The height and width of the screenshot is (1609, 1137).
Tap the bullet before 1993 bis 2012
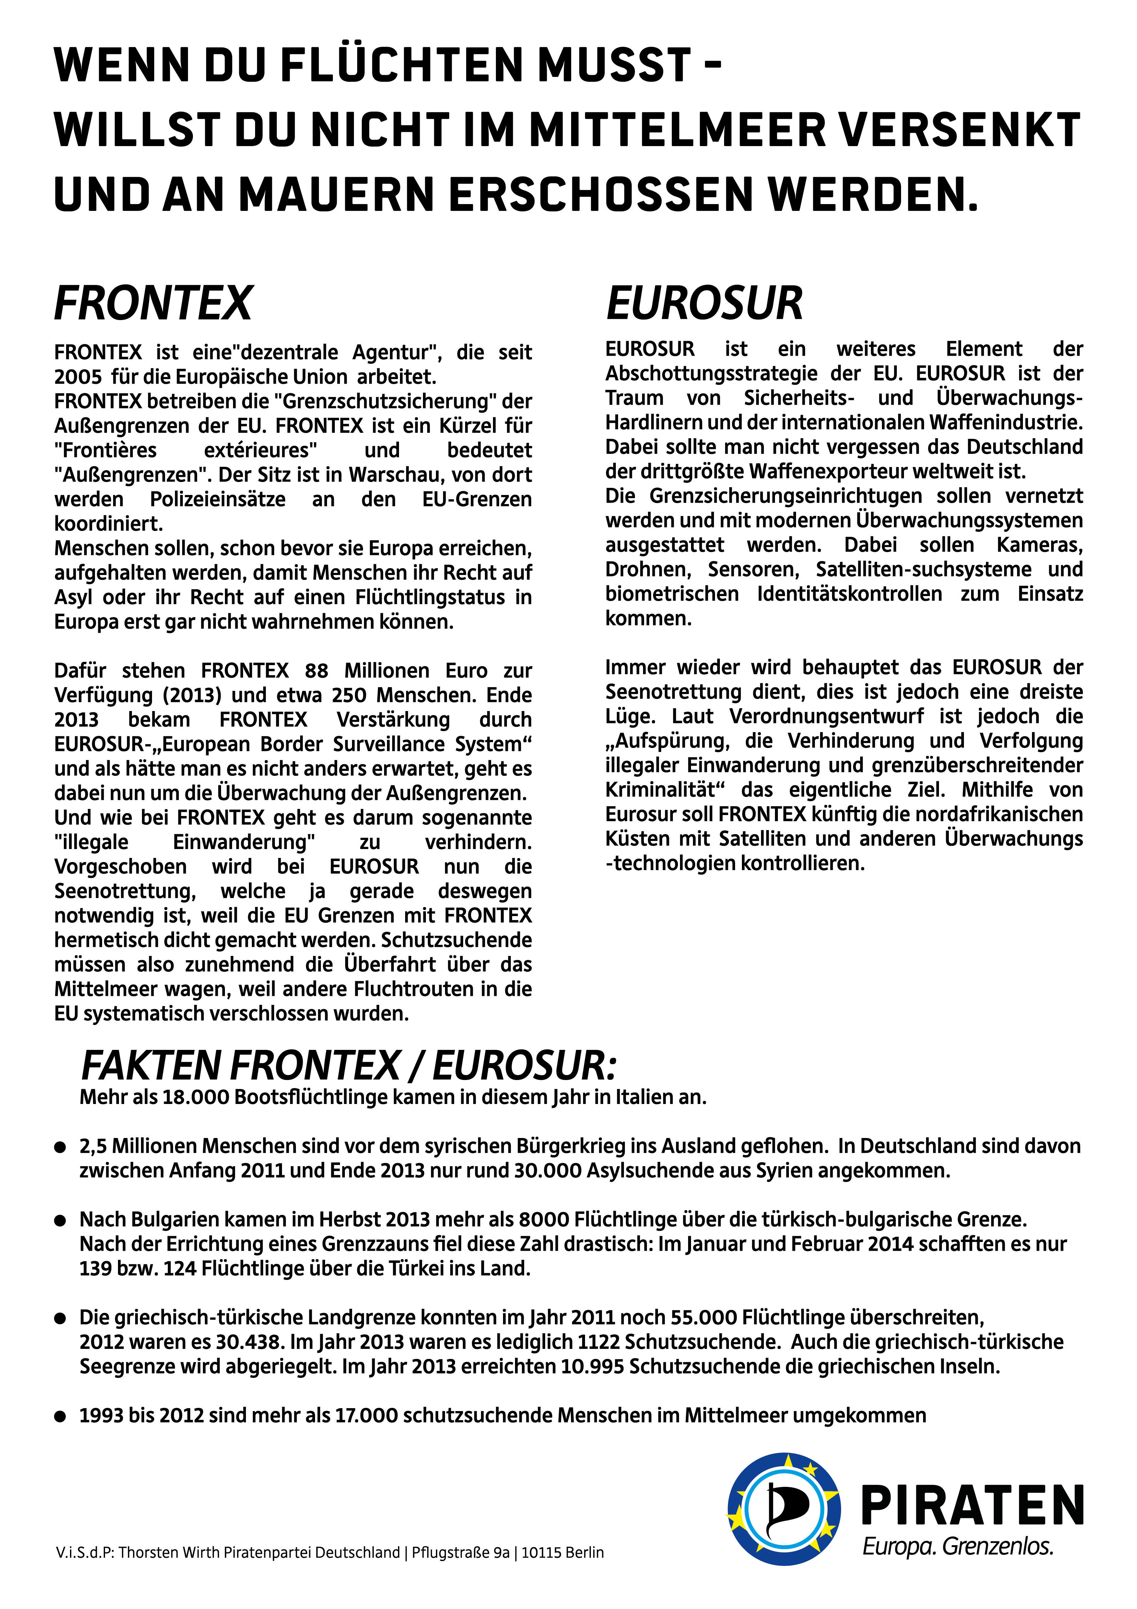point(60,1416)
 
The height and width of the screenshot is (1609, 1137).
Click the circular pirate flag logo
point(783,1508)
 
